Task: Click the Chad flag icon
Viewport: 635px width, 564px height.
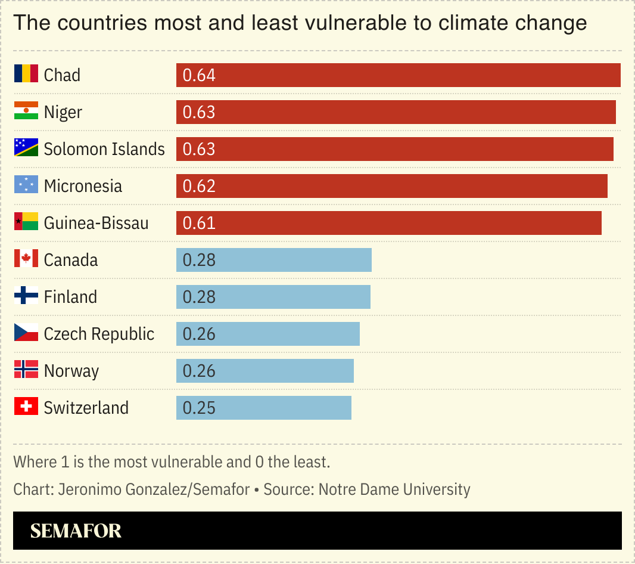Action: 26,75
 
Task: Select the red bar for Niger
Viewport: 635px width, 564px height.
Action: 396,112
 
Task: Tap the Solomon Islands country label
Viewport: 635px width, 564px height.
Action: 104,149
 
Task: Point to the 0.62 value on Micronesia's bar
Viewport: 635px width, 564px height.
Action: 199,186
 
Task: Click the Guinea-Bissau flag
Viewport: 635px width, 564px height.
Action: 26,222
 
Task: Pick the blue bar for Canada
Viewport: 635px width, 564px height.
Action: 273,260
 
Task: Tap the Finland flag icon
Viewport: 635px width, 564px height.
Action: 26,296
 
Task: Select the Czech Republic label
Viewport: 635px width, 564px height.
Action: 99,334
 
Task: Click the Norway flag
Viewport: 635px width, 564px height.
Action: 26,370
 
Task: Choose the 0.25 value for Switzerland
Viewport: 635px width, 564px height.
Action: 199,408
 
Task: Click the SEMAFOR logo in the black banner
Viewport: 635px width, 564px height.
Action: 76,531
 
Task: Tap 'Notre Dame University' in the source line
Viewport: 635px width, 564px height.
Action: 394,489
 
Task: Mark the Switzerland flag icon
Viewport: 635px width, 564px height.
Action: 26,407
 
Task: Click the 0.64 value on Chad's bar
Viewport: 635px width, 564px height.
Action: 199,75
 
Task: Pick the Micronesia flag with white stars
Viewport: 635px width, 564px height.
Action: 26,185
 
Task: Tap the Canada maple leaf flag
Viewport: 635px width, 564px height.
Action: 26,259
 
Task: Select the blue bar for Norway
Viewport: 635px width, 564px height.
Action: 264,371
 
